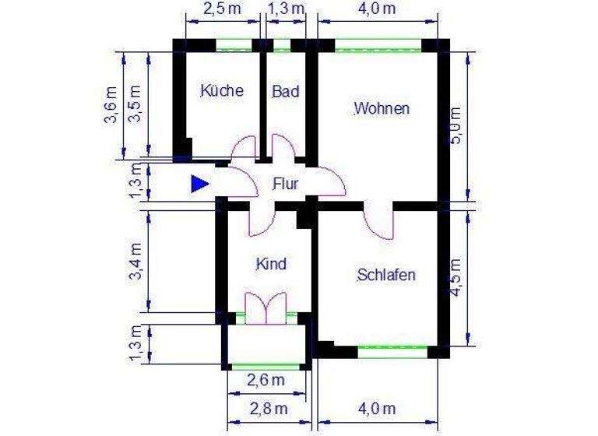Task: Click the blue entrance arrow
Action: coord(200,184)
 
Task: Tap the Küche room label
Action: coord(222,90)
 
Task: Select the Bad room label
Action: coord(286,92)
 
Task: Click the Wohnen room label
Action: coord(382,109)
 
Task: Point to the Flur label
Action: coord(286,185)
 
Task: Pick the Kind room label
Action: coord(271,264)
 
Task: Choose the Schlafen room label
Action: coord(386,275)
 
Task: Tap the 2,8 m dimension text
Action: coord(269,408)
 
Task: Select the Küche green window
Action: coord(237,44)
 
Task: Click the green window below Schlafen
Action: coord(393,352)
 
